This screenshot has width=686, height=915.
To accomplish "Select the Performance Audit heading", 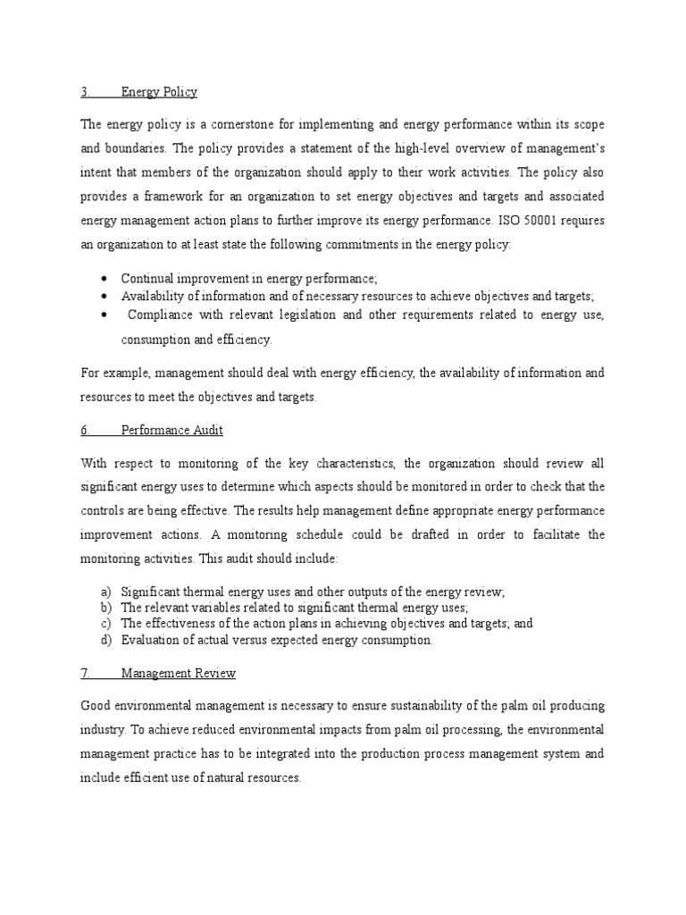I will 171,430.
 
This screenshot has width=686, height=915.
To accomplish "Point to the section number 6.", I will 86,430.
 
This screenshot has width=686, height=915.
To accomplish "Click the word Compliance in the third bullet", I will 161,315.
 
